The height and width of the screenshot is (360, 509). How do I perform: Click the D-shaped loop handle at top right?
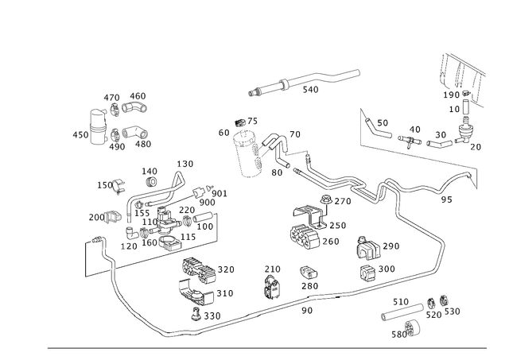462,75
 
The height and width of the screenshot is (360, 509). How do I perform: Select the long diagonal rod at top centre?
303,83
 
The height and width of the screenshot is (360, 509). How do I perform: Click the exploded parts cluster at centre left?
159,211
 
